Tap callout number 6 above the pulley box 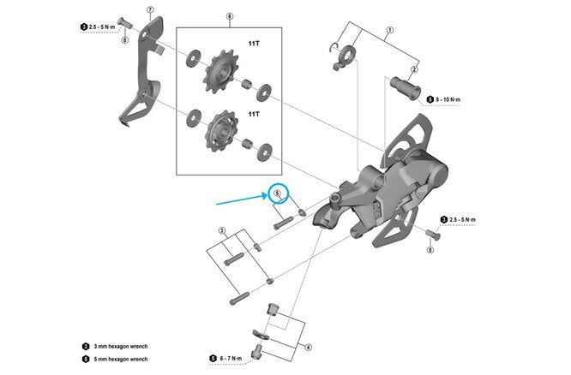[x=229, y=16]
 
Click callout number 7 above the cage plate [x=150, y=11]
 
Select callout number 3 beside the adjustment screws [x=221, y=231]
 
